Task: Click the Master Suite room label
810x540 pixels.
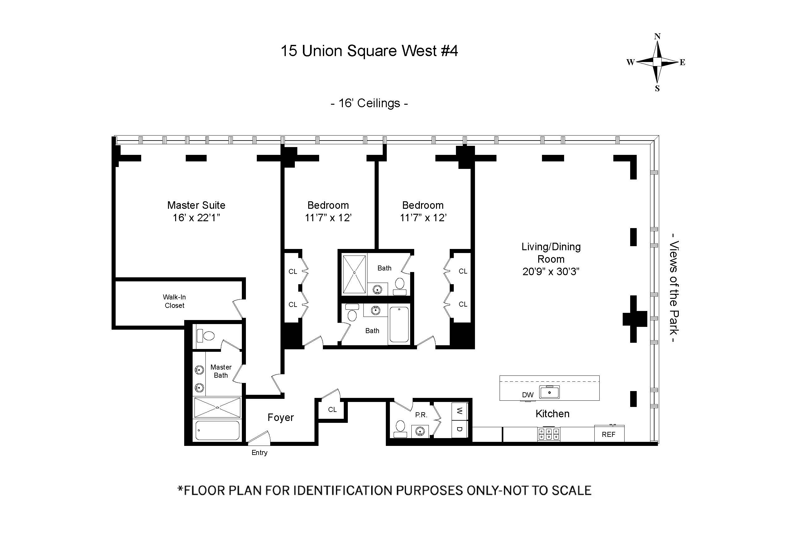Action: coord(196,205)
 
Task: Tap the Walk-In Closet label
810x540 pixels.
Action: coord(174,301)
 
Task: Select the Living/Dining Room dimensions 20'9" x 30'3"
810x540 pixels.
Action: coord(551,272)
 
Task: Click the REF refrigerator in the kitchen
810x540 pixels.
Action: coord(609,434)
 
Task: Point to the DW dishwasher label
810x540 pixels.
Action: coord(528,395)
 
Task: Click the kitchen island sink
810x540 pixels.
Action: coord(549,392)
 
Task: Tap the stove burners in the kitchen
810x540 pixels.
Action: coord(549,434)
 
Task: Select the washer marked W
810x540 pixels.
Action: coord(459,411)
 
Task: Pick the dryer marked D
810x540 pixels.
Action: coord(459,429)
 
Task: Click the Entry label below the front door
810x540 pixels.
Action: coord(259,452)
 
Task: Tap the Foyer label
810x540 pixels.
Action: coord(281,418)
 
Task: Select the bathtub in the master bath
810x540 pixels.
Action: coord(217,430)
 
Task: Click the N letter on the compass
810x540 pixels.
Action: coord(657,36)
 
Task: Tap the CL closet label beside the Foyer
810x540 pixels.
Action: coord(332,409)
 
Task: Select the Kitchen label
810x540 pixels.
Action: coord(552,413)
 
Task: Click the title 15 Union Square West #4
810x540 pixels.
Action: coord(369,51)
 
